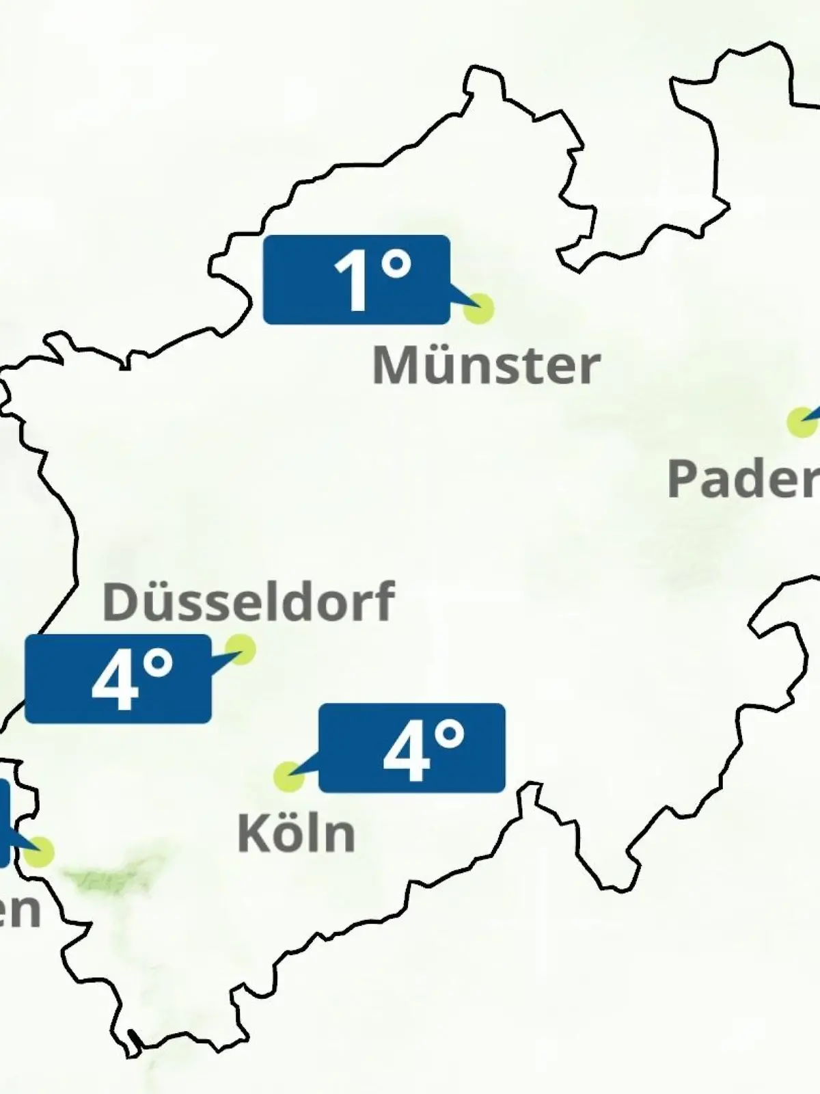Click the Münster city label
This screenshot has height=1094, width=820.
(x=486, y=365)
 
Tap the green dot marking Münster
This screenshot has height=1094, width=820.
(x=478, y=308)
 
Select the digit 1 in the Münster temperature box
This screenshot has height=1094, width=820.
(x=353, y=281)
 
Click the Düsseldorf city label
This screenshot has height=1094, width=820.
(x=248, y=601)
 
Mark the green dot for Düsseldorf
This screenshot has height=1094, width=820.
(x=241, y=648)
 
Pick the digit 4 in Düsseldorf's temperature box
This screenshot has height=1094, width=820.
(x=115, y=681)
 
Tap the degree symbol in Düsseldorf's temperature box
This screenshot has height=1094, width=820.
(x=156, y=664)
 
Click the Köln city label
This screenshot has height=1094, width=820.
(x=296, y=833)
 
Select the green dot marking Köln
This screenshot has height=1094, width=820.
(x=288, y=777)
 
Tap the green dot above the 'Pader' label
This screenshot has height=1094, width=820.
(x=801, y=422)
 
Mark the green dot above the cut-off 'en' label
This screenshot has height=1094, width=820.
(x=39, y=852)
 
